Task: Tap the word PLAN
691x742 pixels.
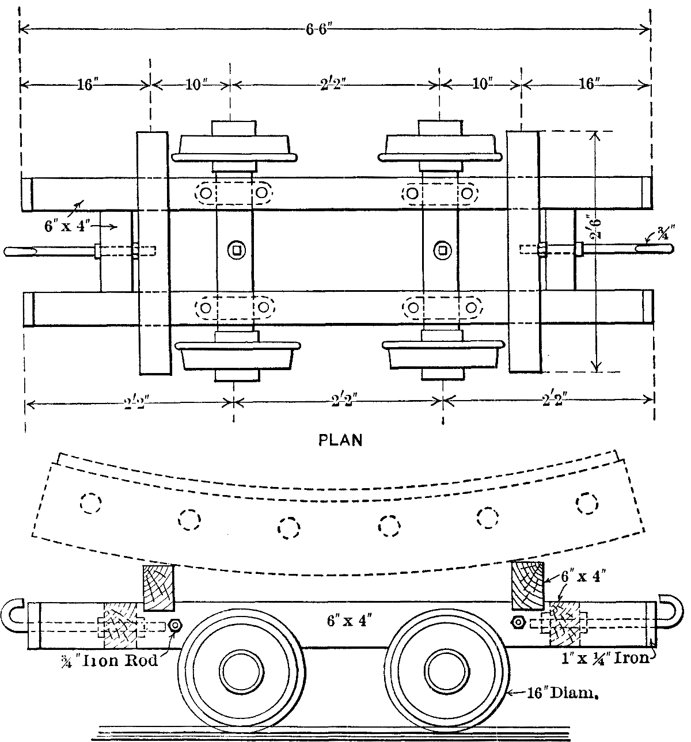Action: tap(340, 440)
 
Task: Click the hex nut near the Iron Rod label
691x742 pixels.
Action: tap(176, 625)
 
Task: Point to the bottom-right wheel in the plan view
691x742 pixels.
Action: tap(442, 355)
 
